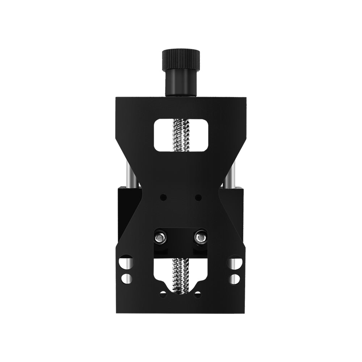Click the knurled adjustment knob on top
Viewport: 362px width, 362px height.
click(181, 60)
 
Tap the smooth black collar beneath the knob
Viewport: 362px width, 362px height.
click(181, 83)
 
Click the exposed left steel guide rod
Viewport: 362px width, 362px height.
click(131, 174)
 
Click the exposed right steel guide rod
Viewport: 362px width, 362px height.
click(230, 174)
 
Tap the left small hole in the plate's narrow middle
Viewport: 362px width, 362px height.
click(163, 198)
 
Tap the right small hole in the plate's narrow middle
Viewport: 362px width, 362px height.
click(198, 198)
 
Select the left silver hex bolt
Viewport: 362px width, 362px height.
click(160, 238)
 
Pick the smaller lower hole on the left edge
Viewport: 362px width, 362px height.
click(126, 279)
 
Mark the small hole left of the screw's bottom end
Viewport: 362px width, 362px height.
click(163, 294)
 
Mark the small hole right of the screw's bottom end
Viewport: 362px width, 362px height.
click(197, 294)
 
